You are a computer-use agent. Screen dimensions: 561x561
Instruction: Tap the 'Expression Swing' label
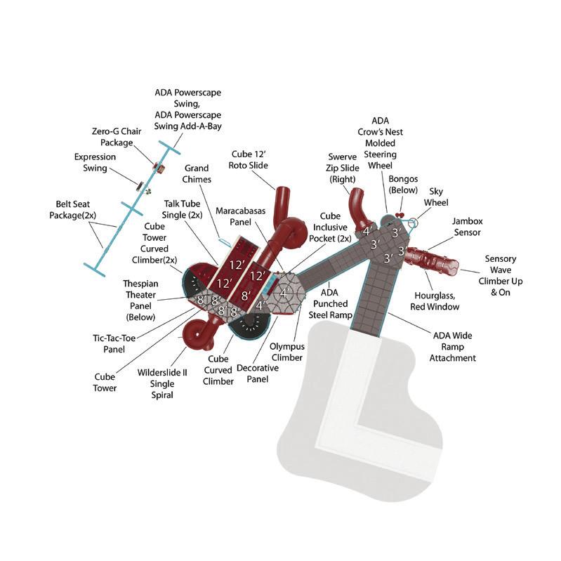tap(95, 163)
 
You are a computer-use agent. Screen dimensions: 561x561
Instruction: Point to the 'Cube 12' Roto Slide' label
tap(249, 159)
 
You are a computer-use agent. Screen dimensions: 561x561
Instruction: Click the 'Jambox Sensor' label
tap(467, 227)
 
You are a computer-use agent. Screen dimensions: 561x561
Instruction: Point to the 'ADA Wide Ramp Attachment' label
tap(453, 347)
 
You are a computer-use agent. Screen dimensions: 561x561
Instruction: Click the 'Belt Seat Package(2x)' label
tap(75, 209)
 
